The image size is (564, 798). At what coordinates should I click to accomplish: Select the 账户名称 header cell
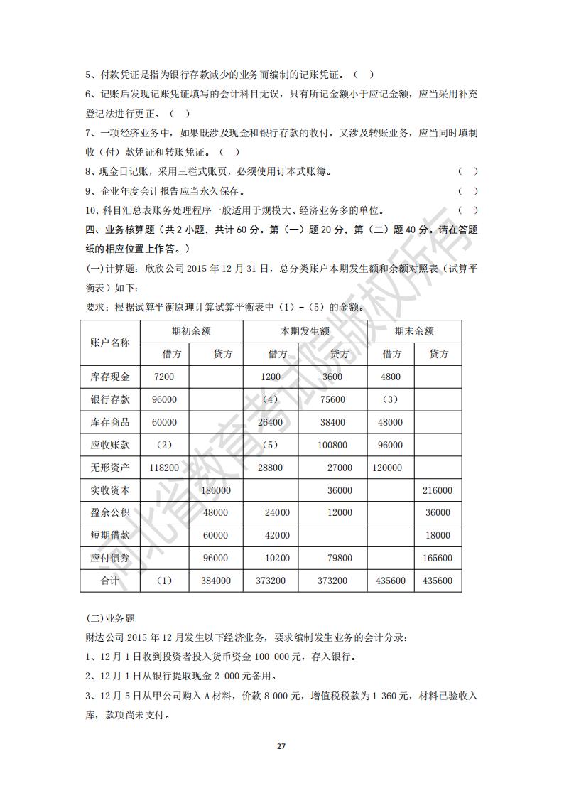(110, 343)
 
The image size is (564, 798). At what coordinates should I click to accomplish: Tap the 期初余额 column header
(191, 331)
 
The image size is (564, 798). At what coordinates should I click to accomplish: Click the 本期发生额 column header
(305, 331)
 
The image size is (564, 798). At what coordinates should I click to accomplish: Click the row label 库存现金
(110, 377)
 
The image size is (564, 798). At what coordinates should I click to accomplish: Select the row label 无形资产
(110, 468)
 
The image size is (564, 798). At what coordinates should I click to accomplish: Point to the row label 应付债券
(110, 559)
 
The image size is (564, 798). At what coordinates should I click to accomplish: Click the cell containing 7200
(164, 377)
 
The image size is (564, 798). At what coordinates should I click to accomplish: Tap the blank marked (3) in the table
(390, 400)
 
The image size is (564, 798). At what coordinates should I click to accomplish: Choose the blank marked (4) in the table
(271, 400)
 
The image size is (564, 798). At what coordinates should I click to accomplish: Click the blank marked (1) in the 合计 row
(164, 581)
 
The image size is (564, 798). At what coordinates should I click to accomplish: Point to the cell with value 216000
(438, 491)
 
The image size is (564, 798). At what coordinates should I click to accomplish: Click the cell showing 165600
(438, 559)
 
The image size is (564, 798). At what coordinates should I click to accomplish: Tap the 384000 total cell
(216, 581)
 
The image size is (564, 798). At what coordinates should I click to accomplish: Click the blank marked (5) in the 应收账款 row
(271, 446)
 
